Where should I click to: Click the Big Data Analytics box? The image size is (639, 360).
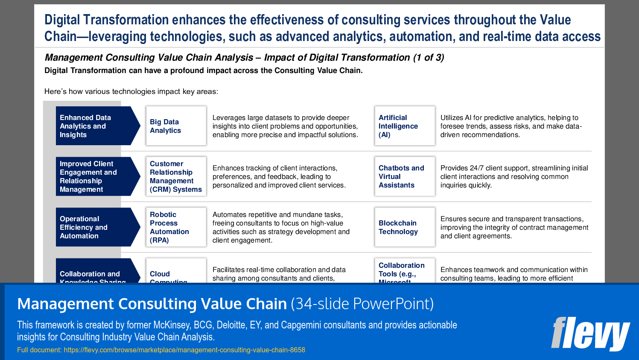(x=176, y=126)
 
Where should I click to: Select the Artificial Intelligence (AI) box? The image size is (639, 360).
(x=404, y=126)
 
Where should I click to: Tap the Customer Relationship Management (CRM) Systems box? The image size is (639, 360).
(x=176, y=176)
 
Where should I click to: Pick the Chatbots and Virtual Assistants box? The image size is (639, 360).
(x=404, y=176)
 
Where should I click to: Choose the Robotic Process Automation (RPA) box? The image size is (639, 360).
(x=176, y=227)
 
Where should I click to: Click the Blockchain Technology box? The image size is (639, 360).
(x=404, y=227)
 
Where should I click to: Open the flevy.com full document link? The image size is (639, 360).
(x=184, y=350)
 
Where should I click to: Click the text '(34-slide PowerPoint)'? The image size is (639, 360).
(x=362, y=304)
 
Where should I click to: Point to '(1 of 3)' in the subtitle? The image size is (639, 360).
(x=428, y=58)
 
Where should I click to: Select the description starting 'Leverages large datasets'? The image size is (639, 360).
(x=285, y=126)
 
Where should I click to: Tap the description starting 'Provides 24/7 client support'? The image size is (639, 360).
(x=514, y=176)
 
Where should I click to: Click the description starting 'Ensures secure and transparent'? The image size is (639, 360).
(x=514, y=227)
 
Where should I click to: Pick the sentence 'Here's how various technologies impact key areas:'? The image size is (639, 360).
(x=131, y=91)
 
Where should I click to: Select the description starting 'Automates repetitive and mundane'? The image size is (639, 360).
(x=280, y=227)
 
